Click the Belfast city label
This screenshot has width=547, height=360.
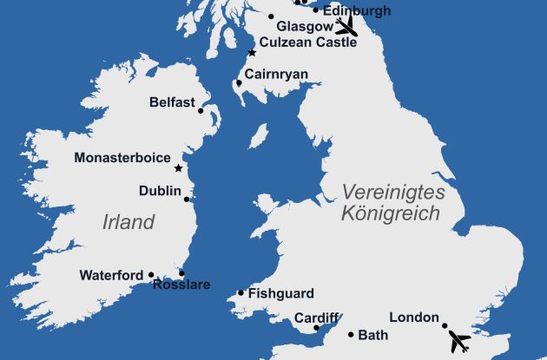(x=171, y=101)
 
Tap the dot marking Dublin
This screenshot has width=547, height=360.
(x=187, y=199)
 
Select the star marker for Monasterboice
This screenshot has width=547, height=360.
(x=178, y=167)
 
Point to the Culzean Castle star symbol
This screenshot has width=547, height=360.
(x=252, y=52)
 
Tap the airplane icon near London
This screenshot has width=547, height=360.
(x=458, y=343)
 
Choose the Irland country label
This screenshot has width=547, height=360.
(x=129, y=221)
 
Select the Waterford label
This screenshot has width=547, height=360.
(x=111, y=276)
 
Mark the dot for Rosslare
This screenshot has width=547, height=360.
(x=181, y=273)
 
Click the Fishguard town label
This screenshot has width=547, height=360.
(x=280, y=293)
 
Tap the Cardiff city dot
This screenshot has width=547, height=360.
(x=317, y=328)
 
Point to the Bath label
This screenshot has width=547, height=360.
(x=373, y=334)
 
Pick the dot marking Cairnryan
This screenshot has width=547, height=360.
(x=239, y=83)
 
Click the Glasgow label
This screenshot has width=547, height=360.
(x=300, y=27)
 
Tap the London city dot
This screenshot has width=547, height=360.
(x=445, y=326)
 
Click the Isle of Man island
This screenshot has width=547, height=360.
(x=258, y=136)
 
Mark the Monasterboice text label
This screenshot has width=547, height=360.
(x=123, y=158)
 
